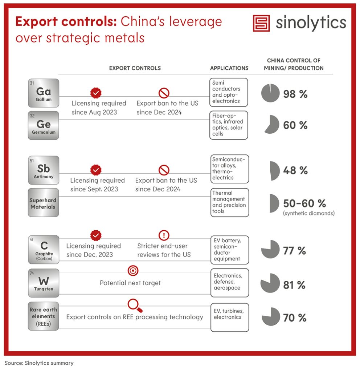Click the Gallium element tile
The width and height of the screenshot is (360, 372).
pos(44,93)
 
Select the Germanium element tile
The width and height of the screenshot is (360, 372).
pos(44,125)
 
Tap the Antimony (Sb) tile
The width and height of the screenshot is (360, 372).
pos(44,170)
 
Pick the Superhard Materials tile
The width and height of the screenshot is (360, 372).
pos(44,203)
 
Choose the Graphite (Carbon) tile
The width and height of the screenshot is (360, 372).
pos(44,250)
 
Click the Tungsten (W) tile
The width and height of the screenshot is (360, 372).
pos(44,283)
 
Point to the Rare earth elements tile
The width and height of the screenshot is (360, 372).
pos(44,316)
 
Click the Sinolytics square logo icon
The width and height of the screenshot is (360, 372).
pos(261,23)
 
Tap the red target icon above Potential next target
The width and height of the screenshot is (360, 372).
pos(133,271)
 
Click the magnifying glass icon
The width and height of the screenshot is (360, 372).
pos(135,306)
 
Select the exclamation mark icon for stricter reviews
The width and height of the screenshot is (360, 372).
pos(164,235)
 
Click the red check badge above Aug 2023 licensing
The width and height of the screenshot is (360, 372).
pos(96,93)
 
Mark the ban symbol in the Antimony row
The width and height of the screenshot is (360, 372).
pos(164,170)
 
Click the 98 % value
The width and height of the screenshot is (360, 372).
pos(295,94)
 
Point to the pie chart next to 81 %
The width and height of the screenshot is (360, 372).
pos(270,283)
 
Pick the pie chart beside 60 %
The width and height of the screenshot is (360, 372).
pos(273,125)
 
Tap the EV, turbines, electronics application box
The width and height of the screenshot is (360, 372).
pos(230,317)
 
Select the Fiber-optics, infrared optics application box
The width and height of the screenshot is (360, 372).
pos(229,125)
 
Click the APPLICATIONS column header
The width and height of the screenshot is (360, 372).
pos(229,68)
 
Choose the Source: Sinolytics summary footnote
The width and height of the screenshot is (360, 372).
pos(39,363)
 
